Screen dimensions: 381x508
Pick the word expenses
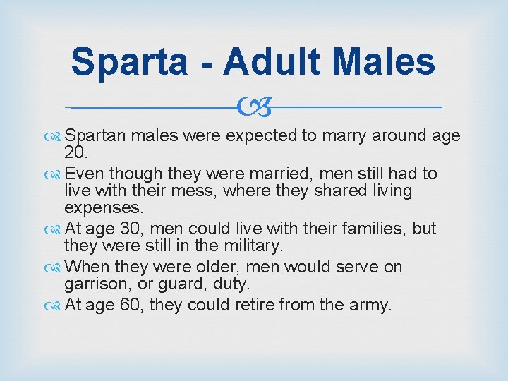[x=103, y=207]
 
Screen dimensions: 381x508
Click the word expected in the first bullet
[x=260, y=135]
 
